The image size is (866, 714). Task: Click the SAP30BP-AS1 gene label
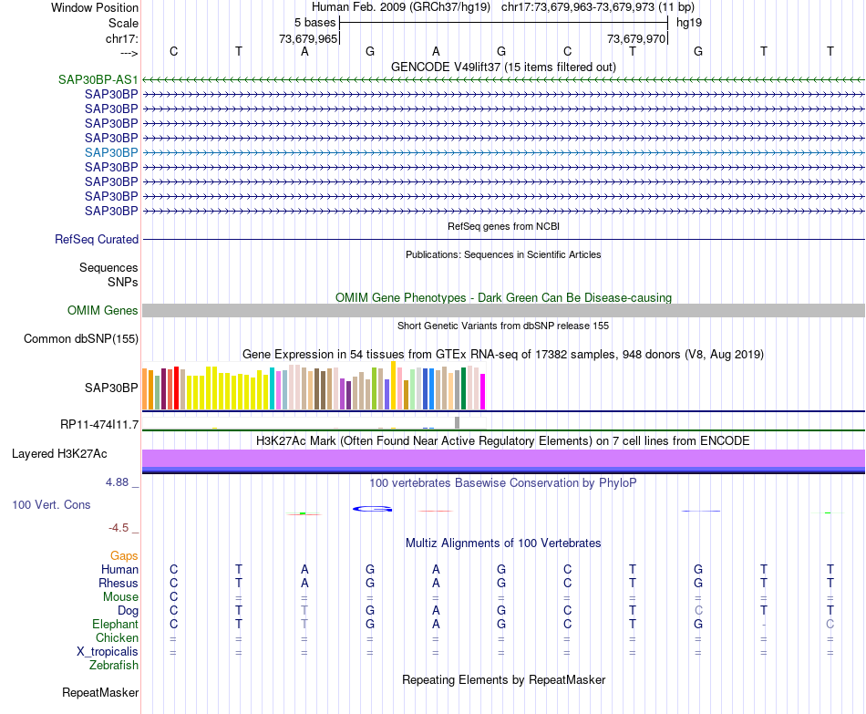point(98,79)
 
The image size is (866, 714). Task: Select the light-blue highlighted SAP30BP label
point(111,152)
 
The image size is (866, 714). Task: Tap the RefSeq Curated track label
point(97,240)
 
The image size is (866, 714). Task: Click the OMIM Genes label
point(103,311)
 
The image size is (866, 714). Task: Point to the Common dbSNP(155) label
point(81,339)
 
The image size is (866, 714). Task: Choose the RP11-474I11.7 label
point(99,424)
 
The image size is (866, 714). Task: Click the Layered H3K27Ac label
point(59,453)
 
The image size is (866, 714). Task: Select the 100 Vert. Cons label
point(51,504)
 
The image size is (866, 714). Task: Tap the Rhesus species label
point(119,584)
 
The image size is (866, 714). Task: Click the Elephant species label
point(115,625)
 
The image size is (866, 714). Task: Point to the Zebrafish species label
point(114,666)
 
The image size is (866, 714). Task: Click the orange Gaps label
point(124,555)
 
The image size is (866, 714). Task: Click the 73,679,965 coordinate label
point(308,39)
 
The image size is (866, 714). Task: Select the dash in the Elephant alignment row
point(764,625)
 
